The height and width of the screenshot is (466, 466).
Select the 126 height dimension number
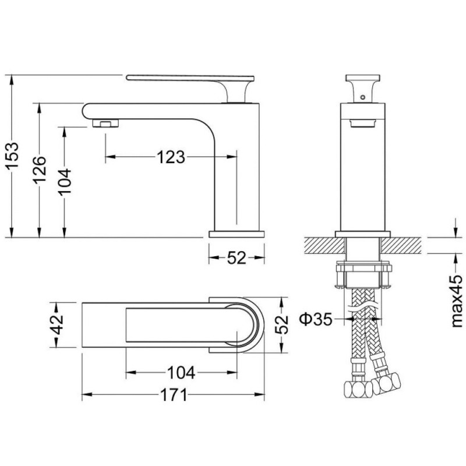[x=40, y=170]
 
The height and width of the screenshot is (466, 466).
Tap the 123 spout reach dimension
[x=171, y=157]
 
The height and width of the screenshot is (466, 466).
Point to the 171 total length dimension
[x=174, y=395]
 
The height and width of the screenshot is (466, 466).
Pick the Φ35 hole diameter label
[x=316, y=319]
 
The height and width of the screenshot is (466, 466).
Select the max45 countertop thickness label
[x=457, y=301]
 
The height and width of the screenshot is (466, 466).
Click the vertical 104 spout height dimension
[x=65, y=181]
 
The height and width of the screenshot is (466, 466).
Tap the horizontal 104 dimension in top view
[x=181, y=373]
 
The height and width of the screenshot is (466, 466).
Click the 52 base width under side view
[x=236, y=257]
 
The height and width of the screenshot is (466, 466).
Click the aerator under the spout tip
[x=105, y=123]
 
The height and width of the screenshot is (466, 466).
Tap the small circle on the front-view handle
[x=362, y=97]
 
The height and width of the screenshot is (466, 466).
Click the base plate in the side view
[x=236, y=234]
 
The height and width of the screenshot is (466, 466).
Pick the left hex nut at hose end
[x=358, y=389]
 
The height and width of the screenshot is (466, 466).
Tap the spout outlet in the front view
[x=362, y=123]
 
